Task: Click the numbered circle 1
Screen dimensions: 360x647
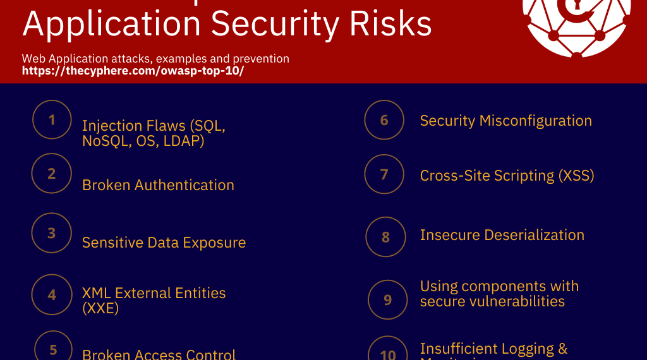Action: click(52, 119)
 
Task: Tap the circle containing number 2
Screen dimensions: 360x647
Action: click(52, 173)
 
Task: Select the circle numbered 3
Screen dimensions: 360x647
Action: click(52, 233)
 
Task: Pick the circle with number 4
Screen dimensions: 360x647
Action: click(52, 294)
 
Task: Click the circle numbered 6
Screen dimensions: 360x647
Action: click(384, 120)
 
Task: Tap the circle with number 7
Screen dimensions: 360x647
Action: click(384, 174)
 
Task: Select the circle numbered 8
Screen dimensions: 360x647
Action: click(385, 237)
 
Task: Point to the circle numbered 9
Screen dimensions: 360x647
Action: click(388, 299)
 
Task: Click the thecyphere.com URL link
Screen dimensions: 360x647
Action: click(133, 71)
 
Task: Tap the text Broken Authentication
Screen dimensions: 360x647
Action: click(158, 185)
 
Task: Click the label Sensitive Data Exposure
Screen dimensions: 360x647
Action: click(164, 243)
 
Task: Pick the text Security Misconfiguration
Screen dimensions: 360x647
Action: click(505, 121)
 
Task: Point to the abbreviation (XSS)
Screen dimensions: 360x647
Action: click(576, 176)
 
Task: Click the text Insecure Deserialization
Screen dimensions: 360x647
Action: click(502, 235)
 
